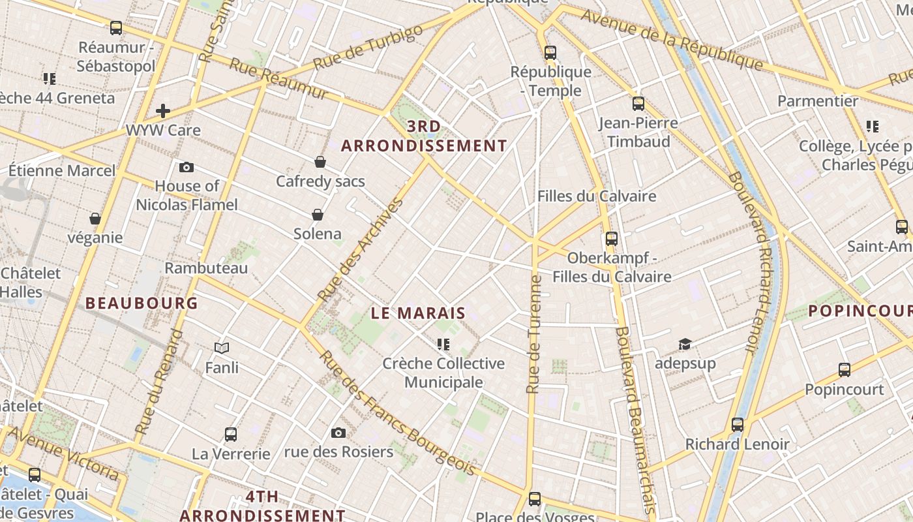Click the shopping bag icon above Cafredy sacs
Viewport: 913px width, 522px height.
[x=320, y=162]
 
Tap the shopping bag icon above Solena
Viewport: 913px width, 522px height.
[x=318, y=215]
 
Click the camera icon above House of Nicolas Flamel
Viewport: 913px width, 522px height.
[x=187, y=168]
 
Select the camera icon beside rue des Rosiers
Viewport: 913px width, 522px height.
[x=338, y=433]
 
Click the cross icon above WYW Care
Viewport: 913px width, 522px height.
[x=163, y=111]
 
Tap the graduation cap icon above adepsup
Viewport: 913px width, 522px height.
[x=685, y=344]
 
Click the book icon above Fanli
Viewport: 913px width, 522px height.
[x=222, y=348]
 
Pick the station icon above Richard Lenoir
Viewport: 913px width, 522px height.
[x=738, y=425]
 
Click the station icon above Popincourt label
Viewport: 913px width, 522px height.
[x=845, y=370]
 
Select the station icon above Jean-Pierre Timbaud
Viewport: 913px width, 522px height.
[x=638, y=103]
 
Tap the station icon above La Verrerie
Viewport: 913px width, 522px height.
[x=230, y=434]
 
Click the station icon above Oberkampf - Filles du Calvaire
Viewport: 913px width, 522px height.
[x=611, y=239]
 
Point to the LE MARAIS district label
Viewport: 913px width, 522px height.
[x=418, y=313]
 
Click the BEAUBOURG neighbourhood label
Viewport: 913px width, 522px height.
[x=142, y=303]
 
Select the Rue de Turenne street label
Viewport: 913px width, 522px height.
[x=534, y=334]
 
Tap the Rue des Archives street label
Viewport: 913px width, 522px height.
[x=361, y=250]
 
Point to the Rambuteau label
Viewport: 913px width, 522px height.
[x=206, y=268]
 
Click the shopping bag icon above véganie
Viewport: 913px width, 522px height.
[x=95, y=219]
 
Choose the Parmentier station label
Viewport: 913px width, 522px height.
[x=818, y=101]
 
